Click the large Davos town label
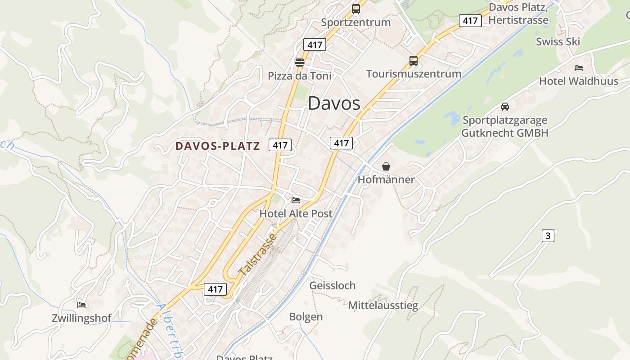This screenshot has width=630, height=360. coord(334,103)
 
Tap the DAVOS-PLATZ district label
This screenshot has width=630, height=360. coord(218,146)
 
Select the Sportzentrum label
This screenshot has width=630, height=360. coord(355,22)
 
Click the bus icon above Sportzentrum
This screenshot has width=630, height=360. coord(355,9)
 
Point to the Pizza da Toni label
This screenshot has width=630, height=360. coord(299,76)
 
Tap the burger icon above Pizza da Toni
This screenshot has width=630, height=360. coord(299,62)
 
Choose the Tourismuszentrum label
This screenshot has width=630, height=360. coord(414,74)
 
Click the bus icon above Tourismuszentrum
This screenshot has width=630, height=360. coord(413,60)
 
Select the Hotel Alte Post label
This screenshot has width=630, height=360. coord(296,214)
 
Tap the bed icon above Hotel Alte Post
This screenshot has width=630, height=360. coord(296,200)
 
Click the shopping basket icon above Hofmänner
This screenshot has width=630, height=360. coord(386,166)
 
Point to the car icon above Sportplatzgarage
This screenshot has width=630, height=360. coord(504,107)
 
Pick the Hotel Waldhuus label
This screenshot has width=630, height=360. coord(579,81)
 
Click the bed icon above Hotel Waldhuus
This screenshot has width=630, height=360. coord(579,68)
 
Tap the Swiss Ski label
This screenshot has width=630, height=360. coord(558,42)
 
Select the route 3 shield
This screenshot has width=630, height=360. coord(547,235)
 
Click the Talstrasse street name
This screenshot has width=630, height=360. coord(256,255)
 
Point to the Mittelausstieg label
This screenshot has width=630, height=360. coord(383,306)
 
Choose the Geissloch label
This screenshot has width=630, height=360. coord(332,286)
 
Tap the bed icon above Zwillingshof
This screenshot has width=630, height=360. coord(81,305)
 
